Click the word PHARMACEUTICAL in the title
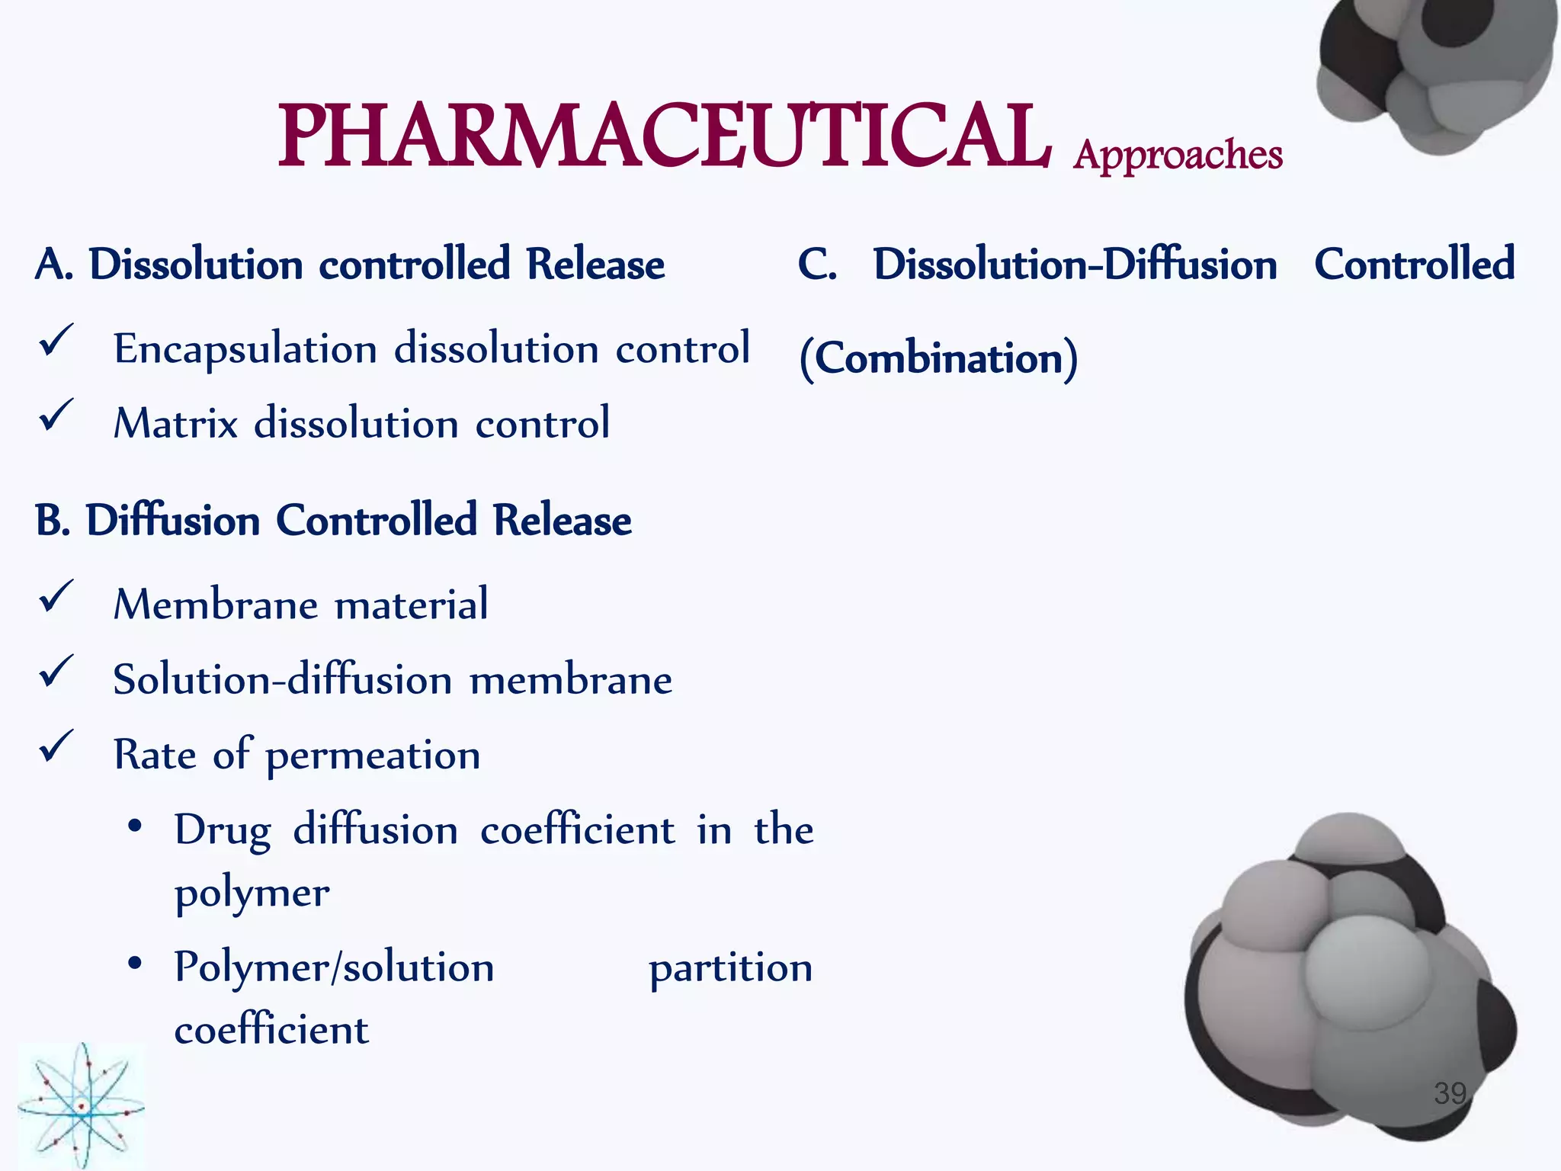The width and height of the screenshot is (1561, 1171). click(663, 137)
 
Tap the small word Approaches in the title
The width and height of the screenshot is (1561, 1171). click(1178, 155)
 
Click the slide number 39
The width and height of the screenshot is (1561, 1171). click(1450, 1093)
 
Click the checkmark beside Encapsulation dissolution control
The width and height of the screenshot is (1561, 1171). click(56, 340)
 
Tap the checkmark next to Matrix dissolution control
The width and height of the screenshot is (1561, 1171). click(56, 415)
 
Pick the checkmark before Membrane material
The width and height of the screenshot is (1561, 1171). click(56, 596)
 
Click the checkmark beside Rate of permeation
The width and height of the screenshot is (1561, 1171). click(56, 746)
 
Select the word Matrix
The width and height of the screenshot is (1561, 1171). click(176, 423)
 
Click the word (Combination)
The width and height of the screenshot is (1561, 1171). click(938, 358)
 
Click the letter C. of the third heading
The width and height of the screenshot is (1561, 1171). click(817, 265)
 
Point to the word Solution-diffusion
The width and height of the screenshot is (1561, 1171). click(283, 679)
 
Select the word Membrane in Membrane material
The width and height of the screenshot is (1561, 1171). click(216, 605)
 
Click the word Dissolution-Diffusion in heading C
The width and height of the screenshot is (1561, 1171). click(1075, 265)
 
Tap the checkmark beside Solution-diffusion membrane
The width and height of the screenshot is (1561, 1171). click(56, 672)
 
